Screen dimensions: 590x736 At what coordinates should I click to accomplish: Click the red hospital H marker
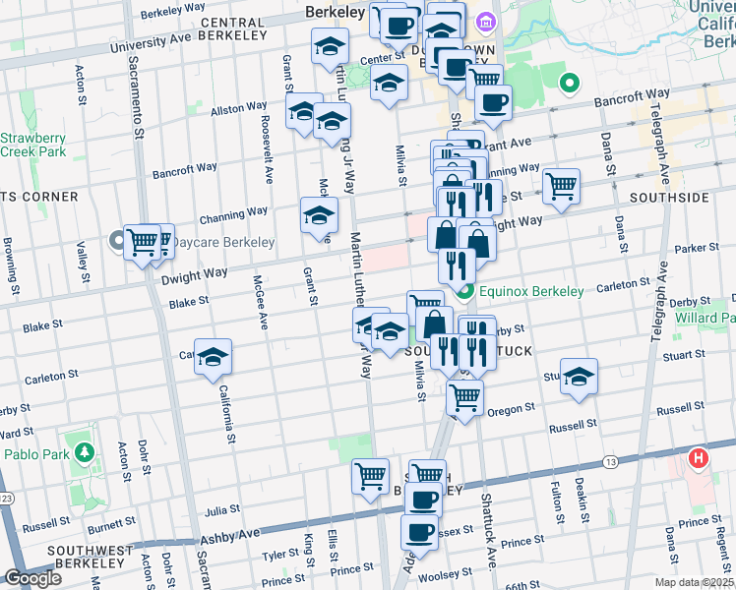(699, 458)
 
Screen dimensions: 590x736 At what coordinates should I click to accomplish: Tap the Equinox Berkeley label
(530, 291)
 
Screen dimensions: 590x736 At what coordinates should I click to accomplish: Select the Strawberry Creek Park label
(32, 146)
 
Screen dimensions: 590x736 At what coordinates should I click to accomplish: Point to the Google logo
(32, 579)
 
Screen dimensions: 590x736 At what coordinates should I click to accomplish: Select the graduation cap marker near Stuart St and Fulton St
(580, 378)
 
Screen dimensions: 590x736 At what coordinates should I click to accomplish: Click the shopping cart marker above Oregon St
(464, 397)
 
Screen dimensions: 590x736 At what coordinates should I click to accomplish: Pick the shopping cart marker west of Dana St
(561, 186)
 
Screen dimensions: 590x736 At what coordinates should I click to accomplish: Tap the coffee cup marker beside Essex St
(419, 534)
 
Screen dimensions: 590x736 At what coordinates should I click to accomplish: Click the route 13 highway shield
(611, 461)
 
